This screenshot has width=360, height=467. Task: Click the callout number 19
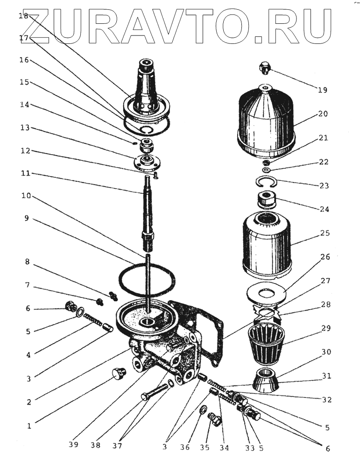pos(322,90)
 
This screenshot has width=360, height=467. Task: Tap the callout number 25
pos(325,233)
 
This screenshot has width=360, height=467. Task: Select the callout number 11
pos(26,173)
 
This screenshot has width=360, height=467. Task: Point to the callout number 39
pos(73,445)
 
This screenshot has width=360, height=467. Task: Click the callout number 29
pos(326,328)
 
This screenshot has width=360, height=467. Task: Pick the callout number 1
pos(29,426)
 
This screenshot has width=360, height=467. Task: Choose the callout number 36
pos(184,447)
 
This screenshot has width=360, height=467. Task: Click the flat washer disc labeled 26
pos(267,294)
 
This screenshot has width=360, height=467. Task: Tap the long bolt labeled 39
pos(155,392)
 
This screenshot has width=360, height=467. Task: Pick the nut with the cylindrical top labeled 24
pos(267,200)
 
